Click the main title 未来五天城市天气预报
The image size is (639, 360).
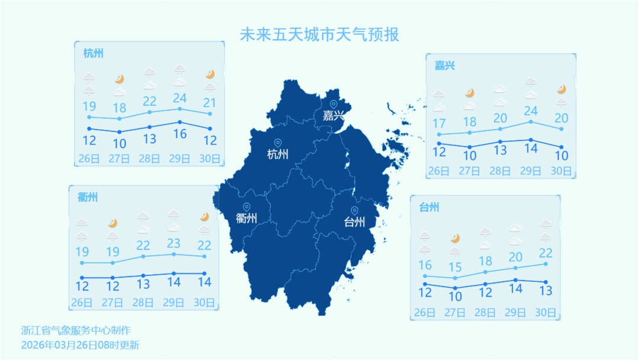point(319,34)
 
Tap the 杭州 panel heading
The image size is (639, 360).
point(93,53)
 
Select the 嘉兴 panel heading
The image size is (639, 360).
point(445,66)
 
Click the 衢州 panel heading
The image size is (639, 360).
point(88,197)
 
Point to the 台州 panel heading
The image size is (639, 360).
point(429,207)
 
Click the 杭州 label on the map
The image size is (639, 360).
point(277,155)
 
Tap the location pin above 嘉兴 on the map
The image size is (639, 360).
point(333,105)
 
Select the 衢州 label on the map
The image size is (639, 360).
point(246,218)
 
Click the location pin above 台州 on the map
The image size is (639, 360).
point(354,211)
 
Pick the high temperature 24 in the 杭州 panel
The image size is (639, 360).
point(179,98)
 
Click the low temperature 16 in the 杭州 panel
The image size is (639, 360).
point(179,134)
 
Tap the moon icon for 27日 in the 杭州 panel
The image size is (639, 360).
point(119,79)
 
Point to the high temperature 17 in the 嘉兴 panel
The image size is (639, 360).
point(439,124)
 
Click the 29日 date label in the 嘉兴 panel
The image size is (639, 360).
point(530,171)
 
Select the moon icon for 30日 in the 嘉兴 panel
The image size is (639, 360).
point(561,89)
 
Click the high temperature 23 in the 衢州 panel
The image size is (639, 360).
point(173,243)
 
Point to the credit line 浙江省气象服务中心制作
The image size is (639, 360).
point(75,330)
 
